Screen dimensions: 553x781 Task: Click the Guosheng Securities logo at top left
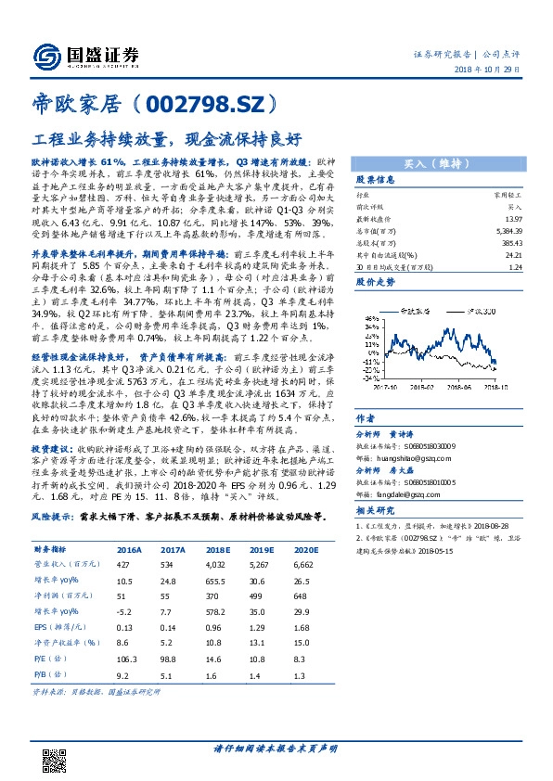click(x=84, y=55)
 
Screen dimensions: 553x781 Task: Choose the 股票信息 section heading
click(x=376, y=179)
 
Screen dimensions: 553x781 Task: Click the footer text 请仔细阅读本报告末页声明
click(x=276, y=749)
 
